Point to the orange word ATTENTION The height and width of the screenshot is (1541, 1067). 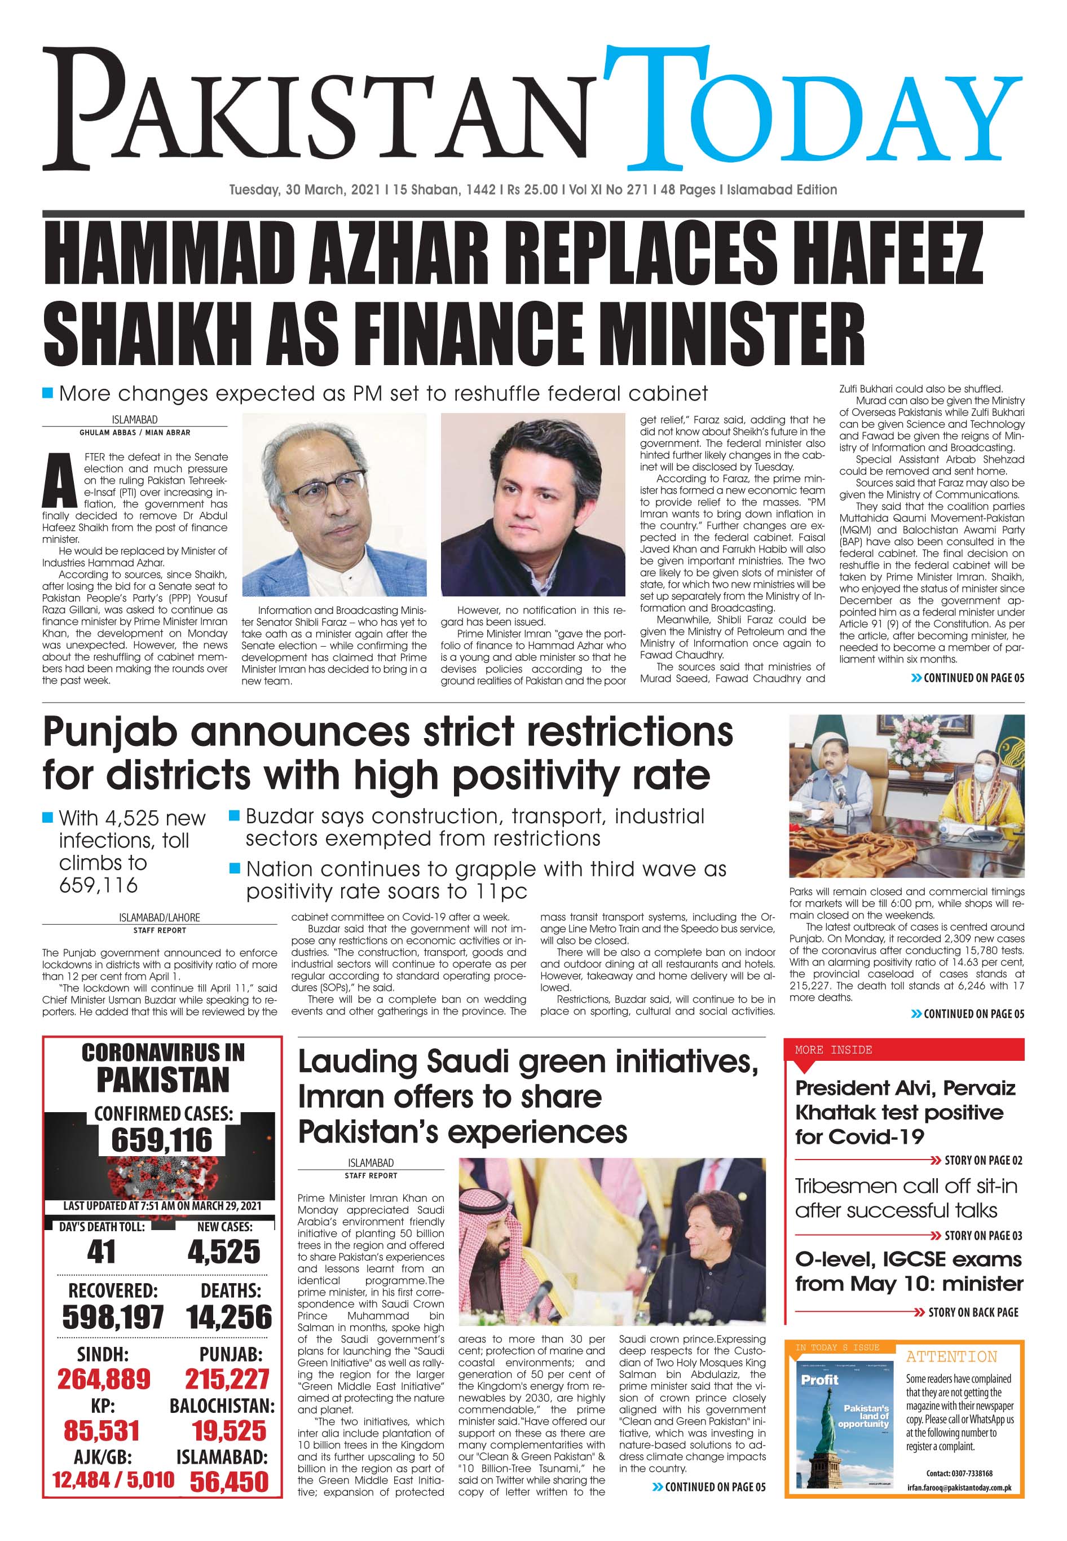pyautogui.click(x=951, y=1357)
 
